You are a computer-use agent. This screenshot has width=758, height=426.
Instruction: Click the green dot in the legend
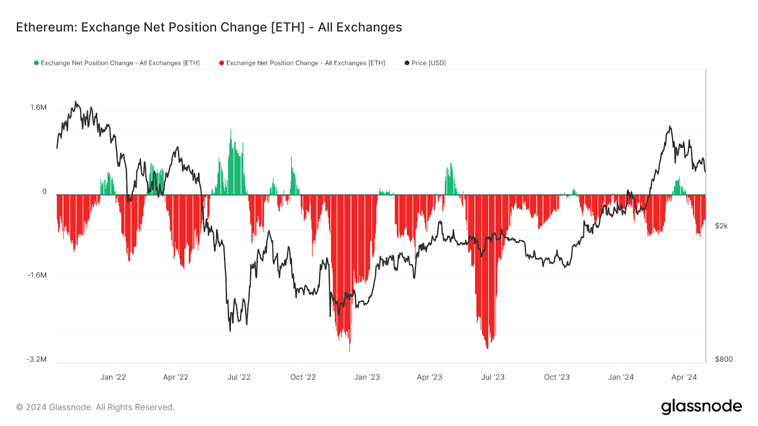tap(36, 63)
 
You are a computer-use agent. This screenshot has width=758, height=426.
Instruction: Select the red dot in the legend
tap(222, 63)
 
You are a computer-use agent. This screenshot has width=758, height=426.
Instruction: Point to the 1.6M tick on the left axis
tap(38, 107)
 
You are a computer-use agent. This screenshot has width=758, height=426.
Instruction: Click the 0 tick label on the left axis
tap(45, 192)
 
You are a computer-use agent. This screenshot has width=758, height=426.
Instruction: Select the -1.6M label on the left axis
tap(37, 275)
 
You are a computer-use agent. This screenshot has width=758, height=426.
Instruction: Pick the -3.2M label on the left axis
tap(37, 359)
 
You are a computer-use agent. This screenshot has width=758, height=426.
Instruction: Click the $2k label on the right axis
tap(721, 226)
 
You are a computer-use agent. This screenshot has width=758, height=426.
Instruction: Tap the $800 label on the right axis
tap(723, 359)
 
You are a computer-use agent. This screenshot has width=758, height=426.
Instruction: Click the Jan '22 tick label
tap(113, 377)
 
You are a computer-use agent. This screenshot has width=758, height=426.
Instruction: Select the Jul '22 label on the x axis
tap(239, 377)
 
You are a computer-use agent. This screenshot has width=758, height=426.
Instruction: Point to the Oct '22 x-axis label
tap(303, 377)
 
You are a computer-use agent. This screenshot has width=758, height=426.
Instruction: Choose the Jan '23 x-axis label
tap(367, 377)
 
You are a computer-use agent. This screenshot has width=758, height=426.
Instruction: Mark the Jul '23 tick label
tap(493, 377)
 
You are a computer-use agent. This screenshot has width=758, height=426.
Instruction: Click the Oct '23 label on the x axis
tap(557, 377)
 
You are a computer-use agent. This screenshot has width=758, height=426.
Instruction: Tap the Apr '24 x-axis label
tap(684, 377)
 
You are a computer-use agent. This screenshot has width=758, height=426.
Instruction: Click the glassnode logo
tap(701, 407)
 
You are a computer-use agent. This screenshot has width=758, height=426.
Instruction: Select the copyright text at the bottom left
tap(95, 407)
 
